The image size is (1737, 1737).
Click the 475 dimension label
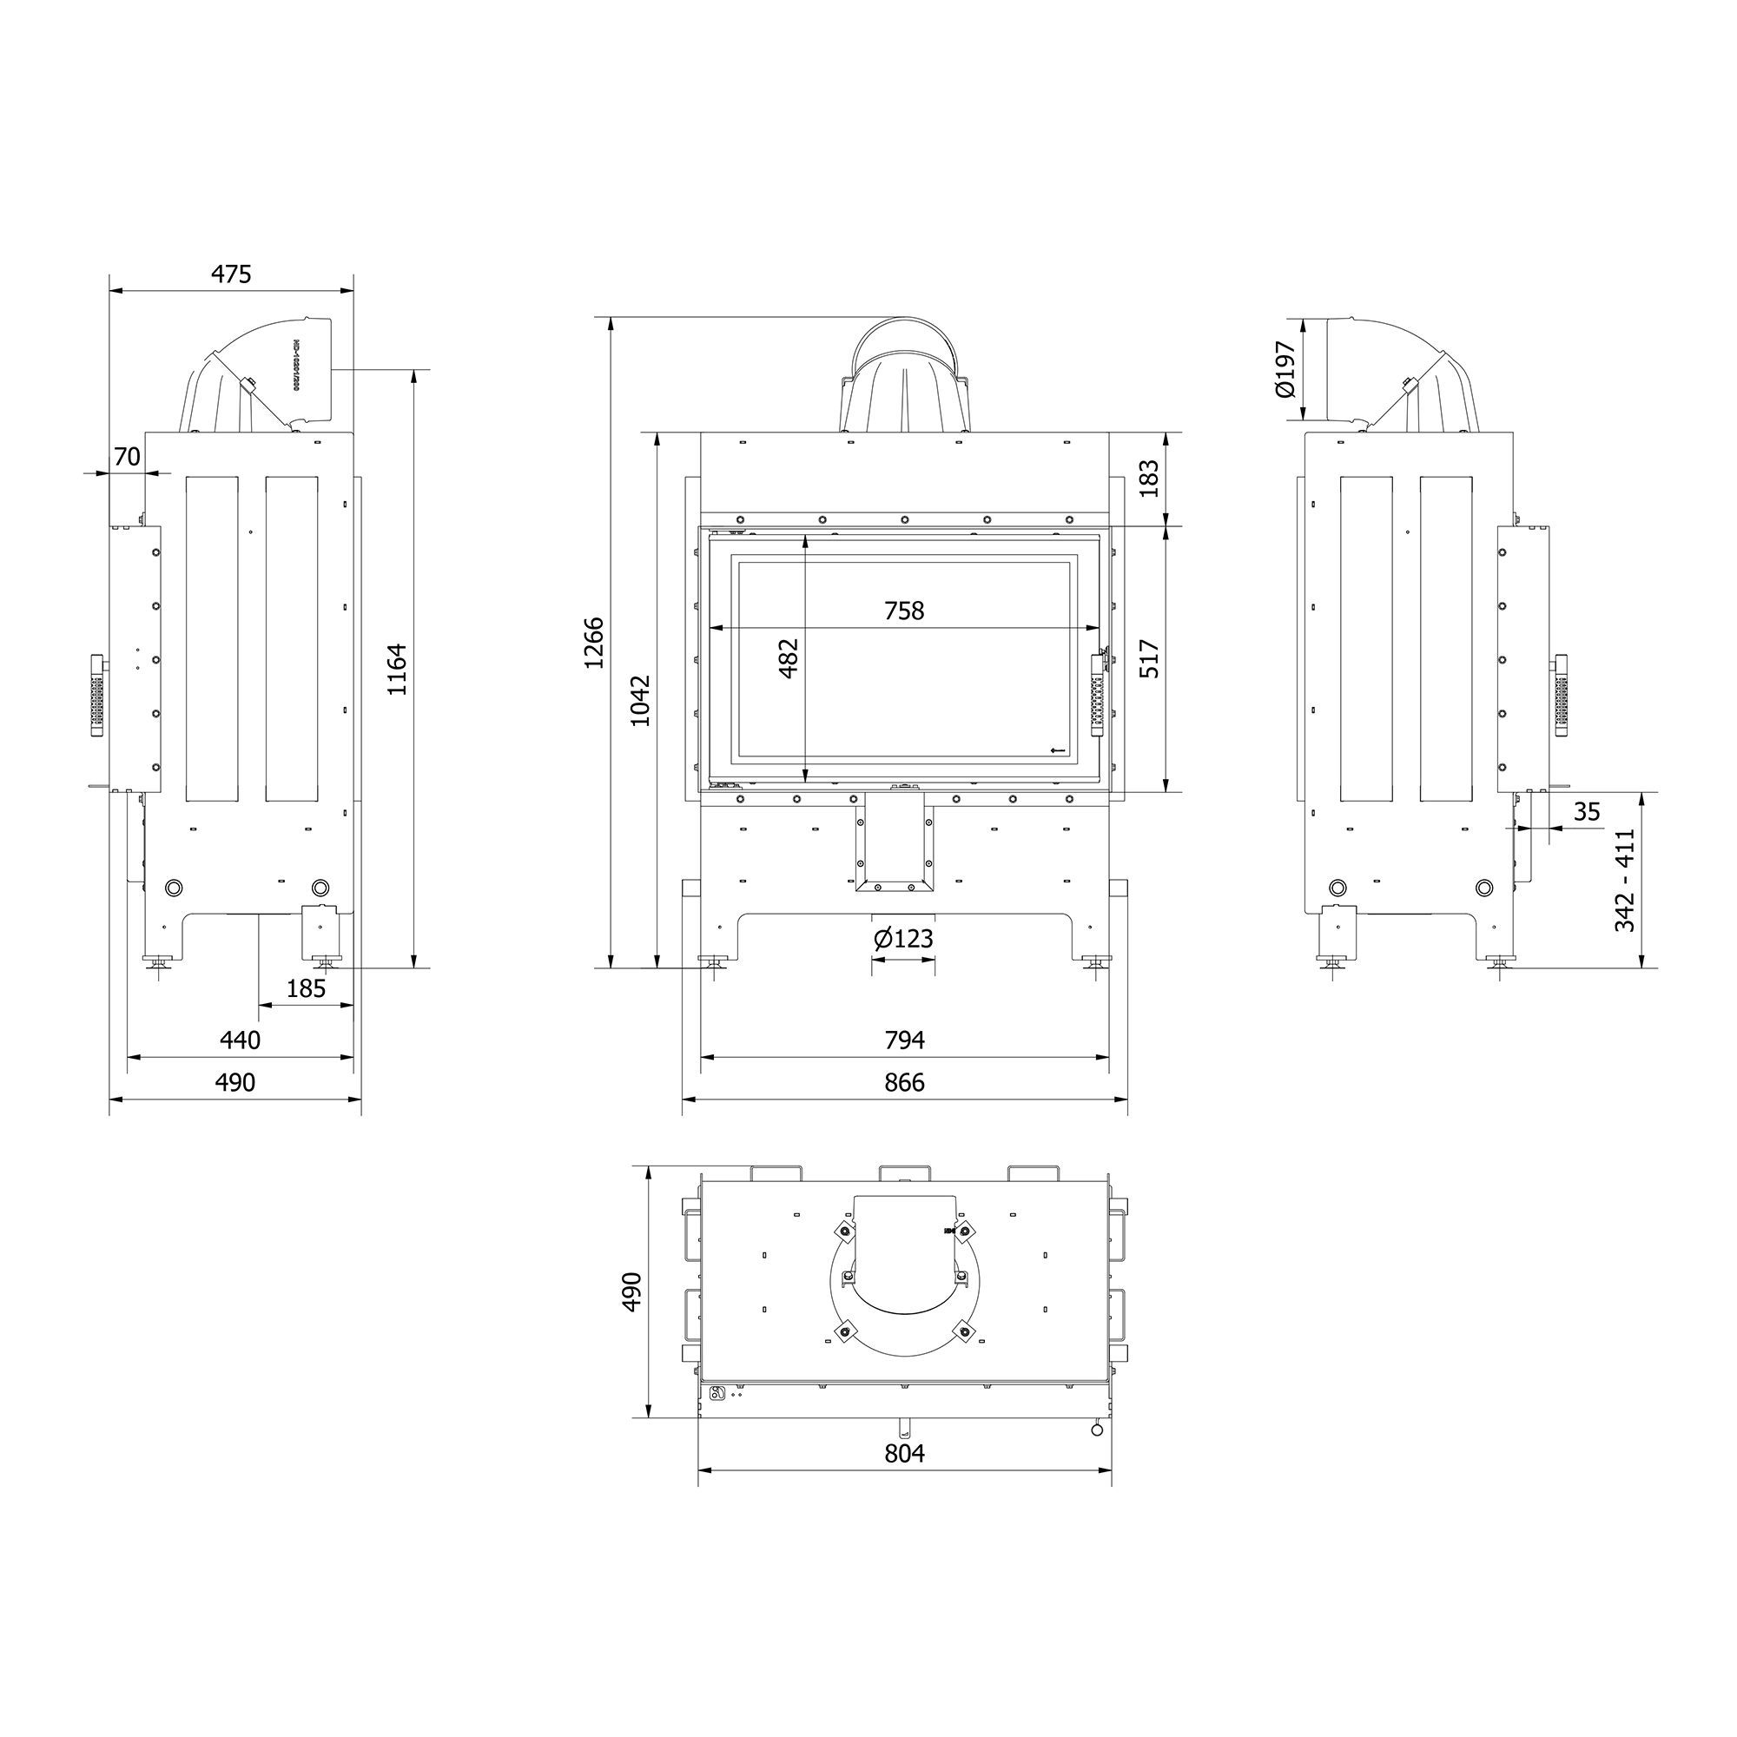click(x=231, y=274)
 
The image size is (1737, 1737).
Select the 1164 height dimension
click(x=398, y=669)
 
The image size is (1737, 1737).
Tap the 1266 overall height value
click(x=594, y=642)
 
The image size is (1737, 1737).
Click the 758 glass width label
click(x=903, y=611)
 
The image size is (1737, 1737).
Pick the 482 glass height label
click(x=789, y=658)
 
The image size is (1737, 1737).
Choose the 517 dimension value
click(x=1150, y=658)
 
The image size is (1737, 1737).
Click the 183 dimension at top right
click(x=1150, y=479)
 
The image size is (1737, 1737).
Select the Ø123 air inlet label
click(x=903, y=939)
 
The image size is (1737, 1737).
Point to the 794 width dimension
click(x=903, y=1040)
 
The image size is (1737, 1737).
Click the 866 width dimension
click(x=903, y=1082)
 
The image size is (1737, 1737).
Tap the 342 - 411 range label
click(x=1626, y=880)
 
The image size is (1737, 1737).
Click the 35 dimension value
click(x=1587, y=812)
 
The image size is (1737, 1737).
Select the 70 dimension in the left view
click(x=127, y=457)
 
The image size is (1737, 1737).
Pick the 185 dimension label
click(x=306, y=989)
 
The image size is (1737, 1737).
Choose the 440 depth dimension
click(x=240, y=1040)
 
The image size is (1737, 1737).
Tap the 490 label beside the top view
click(x=632, y=1292)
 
